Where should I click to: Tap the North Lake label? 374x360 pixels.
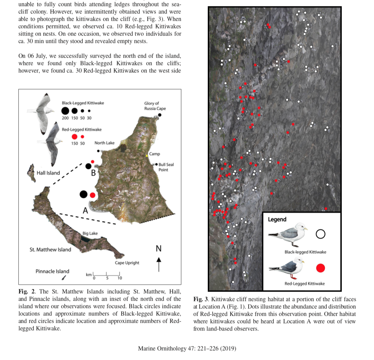(104, 143)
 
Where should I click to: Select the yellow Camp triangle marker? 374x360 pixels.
(147, 156)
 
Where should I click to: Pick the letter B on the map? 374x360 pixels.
(93, 173)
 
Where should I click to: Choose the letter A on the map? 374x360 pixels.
(85, 210)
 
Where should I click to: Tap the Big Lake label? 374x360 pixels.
(90, 233)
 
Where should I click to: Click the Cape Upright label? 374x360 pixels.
(127, 262)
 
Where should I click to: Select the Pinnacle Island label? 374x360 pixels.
(52, 271)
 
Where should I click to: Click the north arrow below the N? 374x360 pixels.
(159, 264)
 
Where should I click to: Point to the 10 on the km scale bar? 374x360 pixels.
(120, 278)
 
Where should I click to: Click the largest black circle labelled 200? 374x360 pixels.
(65, 111)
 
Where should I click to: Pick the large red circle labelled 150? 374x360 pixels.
(75, 137)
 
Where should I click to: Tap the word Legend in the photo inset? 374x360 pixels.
(277, 219)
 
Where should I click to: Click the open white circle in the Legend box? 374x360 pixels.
(320, 234)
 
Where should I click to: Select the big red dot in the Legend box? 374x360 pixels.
(320, 268)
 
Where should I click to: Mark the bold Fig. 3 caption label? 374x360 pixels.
(200, 299)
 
